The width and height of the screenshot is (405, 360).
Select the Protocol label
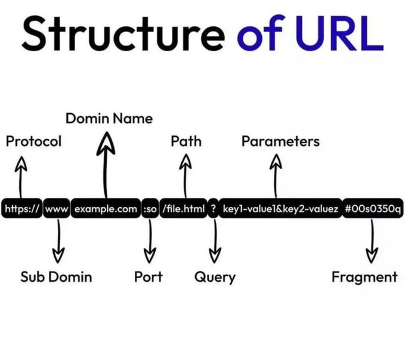33,142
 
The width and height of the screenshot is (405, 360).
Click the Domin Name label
109,119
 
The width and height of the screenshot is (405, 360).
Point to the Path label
186,141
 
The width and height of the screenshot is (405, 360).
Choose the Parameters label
280,141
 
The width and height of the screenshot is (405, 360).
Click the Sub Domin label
56,277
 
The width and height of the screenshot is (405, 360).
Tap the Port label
149,277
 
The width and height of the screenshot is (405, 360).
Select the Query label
215,277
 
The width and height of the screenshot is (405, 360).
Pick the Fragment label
364,277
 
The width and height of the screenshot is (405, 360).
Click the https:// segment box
21,209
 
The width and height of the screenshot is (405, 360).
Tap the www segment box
57,209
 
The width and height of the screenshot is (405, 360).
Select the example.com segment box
106,209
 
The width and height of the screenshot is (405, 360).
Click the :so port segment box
150,209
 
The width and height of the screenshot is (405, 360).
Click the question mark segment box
213,209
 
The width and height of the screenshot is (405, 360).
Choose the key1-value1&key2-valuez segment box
280,209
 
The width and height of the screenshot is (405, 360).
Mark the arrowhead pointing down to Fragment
372,255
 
